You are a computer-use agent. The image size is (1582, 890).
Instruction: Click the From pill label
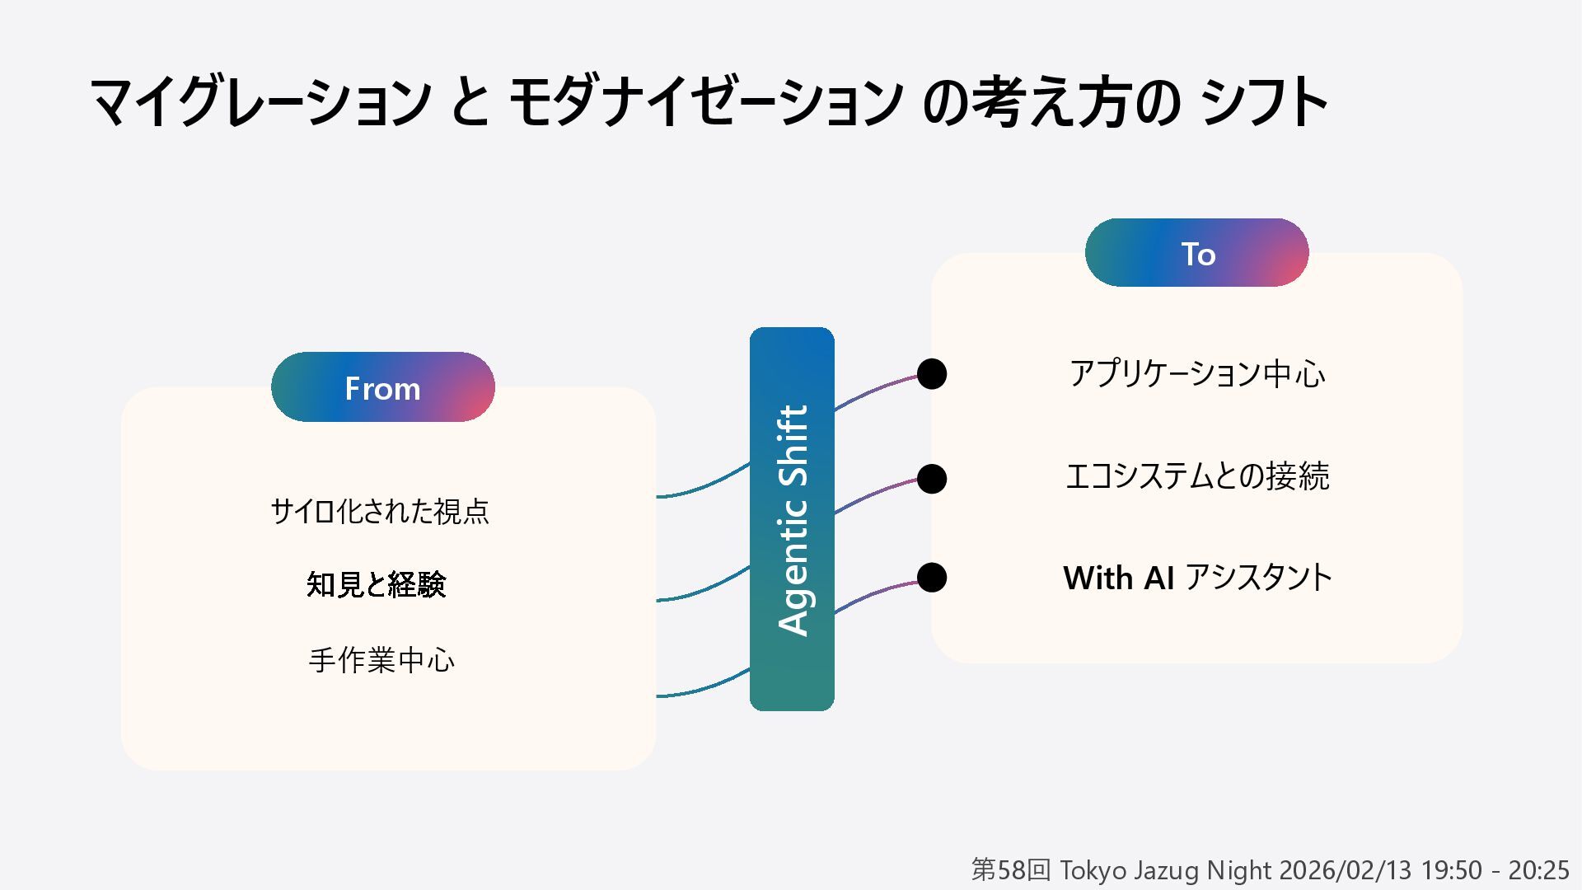tap(382, 388)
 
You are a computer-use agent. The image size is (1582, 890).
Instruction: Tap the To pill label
tap(1197, 254)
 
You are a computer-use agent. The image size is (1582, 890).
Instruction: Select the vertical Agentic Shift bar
tap(792, 519)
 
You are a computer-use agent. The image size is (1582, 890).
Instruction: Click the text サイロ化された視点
tap(380, 512)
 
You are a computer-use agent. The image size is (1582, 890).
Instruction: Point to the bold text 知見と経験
tap(377, 584)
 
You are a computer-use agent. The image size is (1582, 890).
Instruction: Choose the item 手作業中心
tap(381, 660)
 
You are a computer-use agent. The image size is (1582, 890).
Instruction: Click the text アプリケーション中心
tap(1196, 374)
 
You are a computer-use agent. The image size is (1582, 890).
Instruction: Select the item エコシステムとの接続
tap(1196, 476)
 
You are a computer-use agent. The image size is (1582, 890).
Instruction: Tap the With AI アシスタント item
tap(1196, 578)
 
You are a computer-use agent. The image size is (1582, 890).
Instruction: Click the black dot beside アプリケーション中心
tap(932, 374)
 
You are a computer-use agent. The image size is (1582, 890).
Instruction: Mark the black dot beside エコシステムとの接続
tap(932, 479)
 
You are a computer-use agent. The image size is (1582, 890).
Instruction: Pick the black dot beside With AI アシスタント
tap(932, 578)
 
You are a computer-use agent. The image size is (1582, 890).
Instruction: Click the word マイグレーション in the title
tap(260, 102)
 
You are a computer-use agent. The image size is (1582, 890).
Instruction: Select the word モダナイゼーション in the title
tap(705, 102)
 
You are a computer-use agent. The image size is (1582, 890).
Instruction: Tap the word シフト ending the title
tap(1264, 102)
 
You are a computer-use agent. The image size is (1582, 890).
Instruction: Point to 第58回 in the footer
tap(1010, 870)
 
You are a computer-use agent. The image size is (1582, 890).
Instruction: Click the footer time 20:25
tap(1538, 870)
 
